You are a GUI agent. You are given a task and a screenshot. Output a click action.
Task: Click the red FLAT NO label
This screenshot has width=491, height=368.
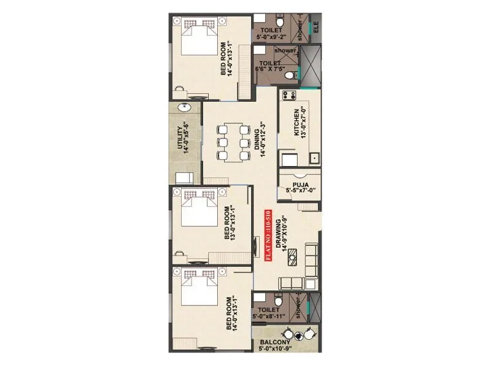tap(267, 236)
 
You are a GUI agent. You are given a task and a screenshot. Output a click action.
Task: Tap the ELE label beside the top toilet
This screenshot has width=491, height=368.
tap(316, 28)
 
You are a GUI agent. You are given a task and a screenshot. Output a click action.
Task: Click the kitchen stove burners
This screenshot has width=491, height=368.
tap(289, 96)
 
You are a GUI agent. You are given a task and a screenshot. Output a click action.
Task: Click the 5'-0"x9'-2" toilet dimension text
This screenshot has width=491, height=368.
tap(271, 37)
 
